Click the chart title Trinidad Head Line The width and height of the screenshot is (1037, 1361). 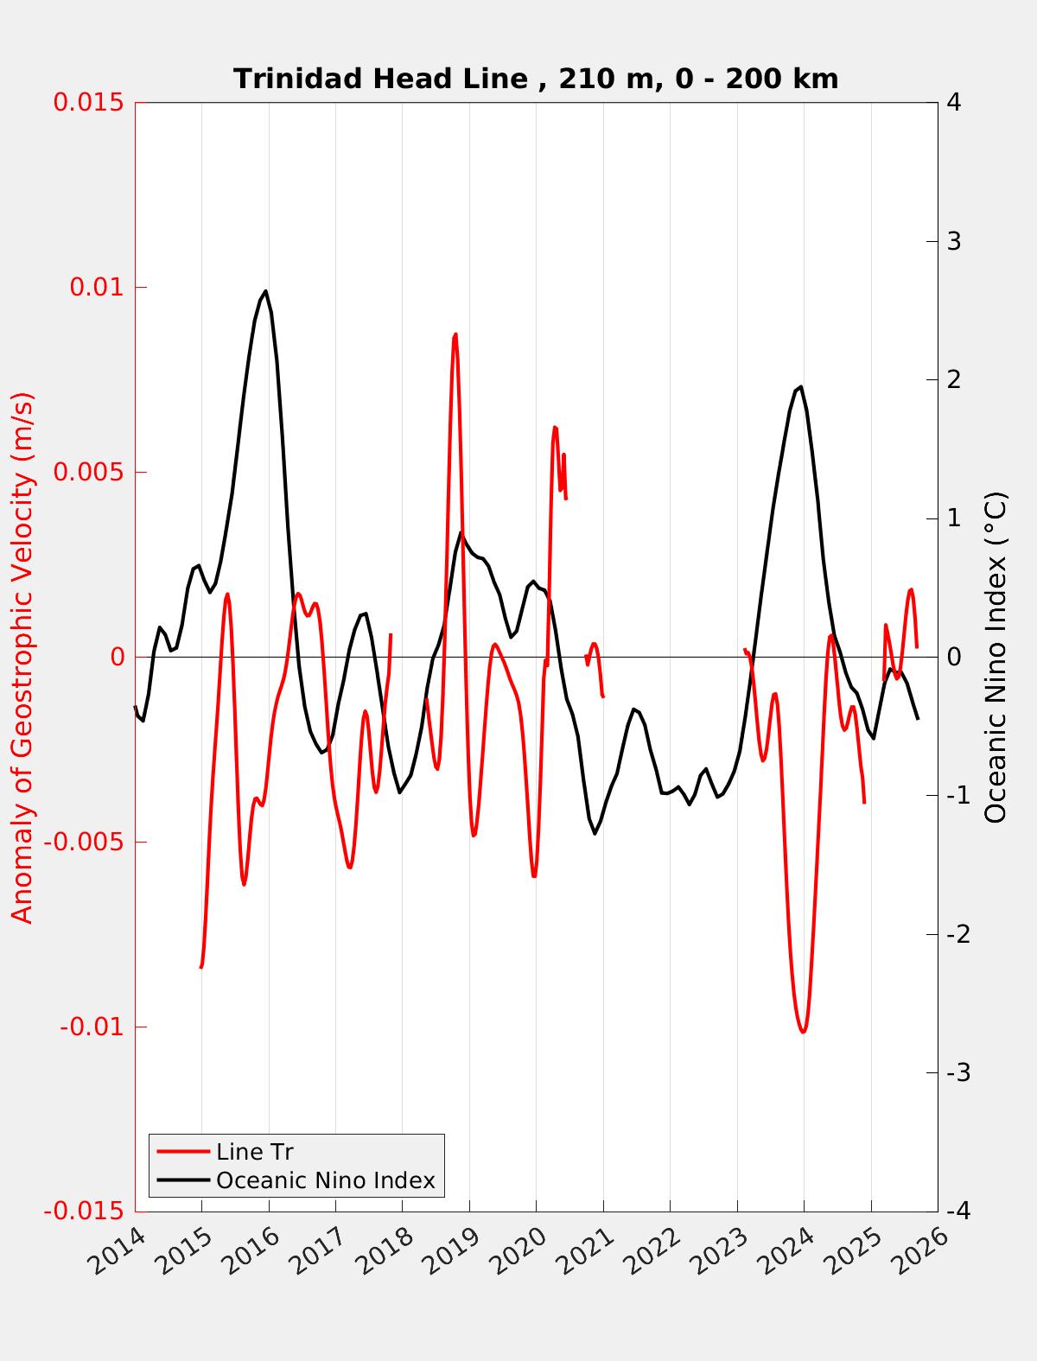(x=536, y=79)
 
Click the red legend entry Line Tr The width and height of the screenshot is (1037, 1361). (x=255, y=1152)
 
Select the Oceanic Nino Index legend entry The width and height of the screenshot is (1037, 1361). (x=325, y=1180)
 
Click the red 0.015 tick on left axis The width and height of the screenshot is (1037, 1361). (x=88, y=102)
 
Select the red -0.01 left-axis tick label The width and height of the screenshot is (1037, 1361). (x=92, y=1027)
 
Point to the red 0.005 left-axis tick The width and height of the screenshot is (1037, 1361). (x=88, y=472)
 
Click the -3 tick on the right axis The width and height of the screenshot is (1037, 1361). (x=957, y=1073)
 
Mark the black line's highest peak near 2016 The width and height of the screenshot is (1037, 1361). (x=265, y=291)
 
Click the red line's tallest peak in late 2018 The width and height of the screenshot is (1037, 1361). (x=455, y=334)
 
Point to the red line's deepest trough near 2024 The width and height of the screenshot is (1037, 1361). (x=803, y=1032)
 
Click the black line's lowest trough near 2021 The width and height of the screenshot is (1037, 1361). (x=595, y=833)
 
